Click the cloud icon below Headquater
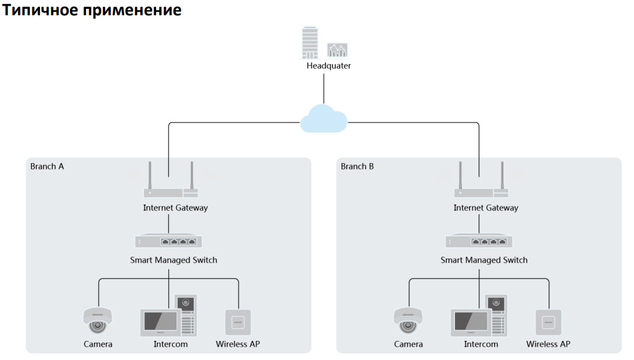324,119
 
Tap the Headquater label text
329,66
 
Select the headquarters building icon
310,43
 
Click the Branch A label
47,167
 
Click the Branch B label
357,167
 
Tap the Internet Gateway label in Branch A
175,208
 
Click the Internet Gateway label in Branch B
486,208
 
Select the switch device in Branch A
169,241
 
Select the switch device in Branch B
479,241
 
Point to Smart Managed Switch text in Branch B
484,260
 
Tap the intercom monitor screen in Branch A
158,320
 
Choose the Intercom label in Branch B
481,345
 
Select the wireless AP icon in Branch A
238,322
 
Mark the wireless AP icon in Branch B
548,322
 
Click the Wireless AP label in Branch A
238,345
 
